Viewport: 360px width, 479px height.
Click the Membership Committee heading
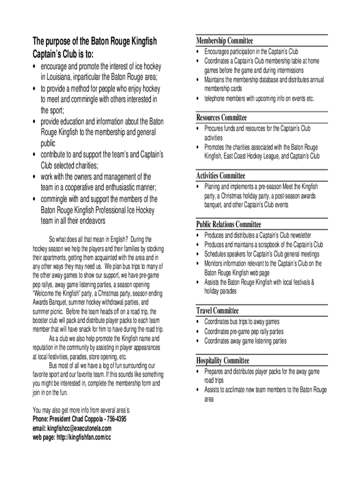[x=224, y=41]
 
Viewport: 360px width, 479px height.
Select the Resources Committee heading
[x=221, y=117]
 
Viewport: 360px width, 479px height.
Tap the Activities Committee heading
[x=220, y=175]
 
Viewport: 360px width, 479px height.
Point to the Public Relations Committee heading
[x=228, y=224]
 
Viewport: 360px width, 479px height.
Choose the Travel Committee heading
[x=217, y=311]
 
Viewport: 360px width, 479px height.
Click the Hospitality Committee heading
[x=223, y=360]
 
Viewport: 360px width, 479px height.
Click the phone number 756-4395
[x=115, y=419]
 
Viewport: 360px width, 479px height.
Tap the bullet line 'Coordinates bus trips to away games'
[x=242, y=322]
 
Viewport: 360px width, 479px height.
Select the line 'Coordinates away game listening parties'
[x=245, y=341]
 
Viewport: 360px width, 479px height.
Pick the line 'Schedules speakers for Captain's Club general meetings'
[x=262, y=254]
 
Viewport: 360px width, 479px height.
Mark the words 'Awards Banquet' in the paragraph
[x=49, y=302]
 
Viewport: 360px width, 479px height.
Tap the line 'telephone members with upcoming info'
[x=259, y=98]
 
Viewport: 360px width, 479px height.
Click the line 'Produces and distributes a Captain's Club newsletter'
[x=258, y=235]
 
